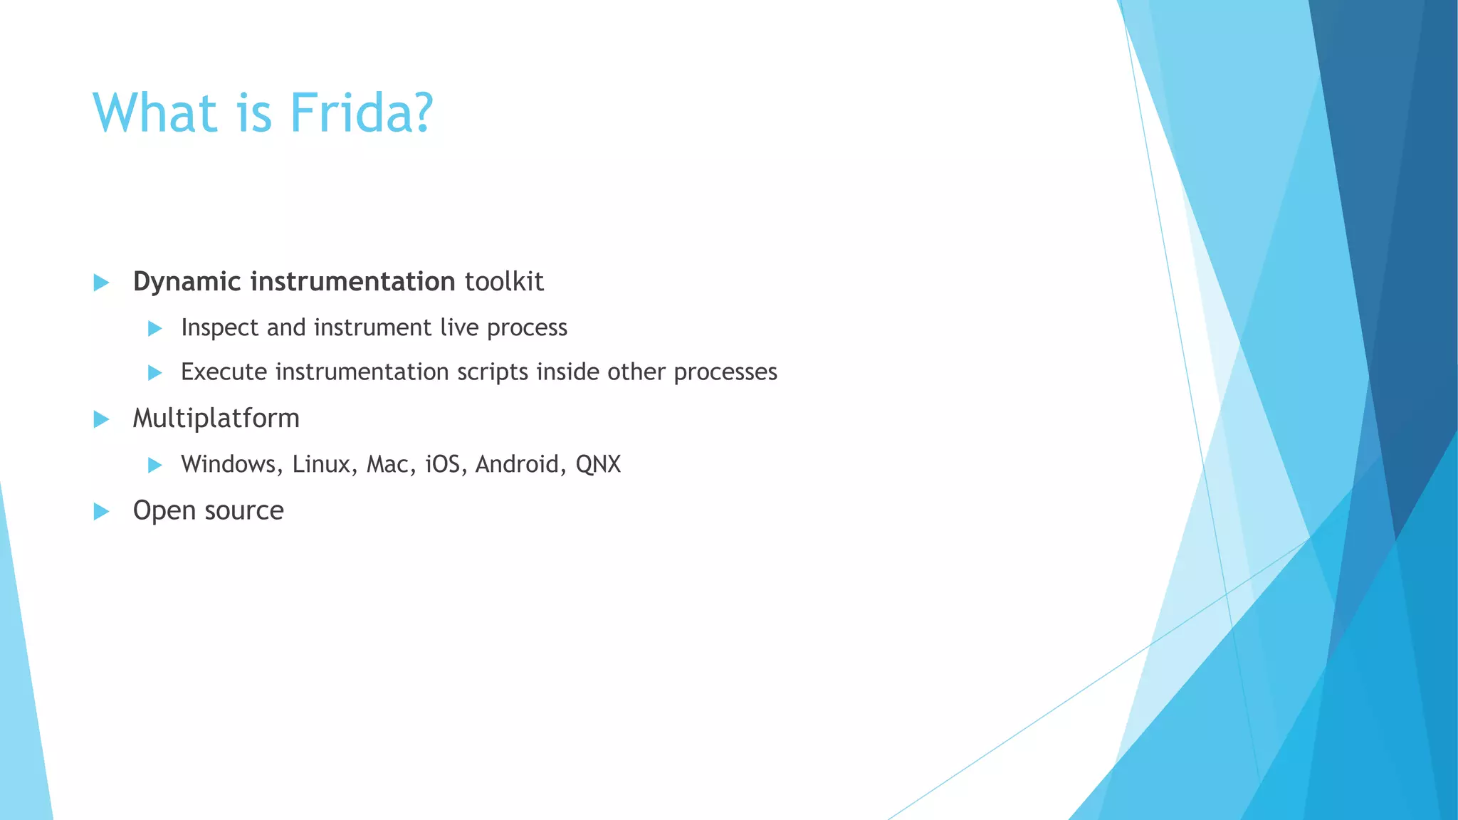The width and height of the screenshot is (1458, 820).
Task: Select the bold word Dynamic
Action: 187,282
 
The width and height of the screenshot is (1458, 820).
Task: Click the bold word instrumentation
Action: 352,282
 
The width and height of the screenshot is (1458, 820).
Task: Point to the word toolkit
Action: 504,282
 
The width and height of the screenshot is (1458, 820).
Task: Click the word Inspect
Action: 220,327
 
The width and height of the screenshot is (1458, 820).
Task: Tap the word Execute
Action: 224,372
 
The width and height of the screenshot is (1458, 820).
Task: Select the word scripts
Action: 493,372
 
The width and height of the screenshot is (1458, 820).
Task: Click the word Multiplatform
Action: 216,418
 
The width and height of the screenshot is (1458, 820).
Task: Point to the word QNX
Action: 598,464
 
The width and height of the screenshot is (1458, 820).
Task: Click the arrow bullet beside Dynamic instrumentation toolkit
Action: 101,283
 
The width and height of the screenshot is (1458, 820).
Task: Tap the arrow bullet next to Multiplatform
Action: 101,419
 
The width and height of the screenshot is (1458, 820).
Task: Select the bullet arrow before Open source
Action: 101,511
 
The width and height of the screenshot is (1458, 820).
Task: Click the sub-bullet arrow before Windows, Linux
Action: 154,466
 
